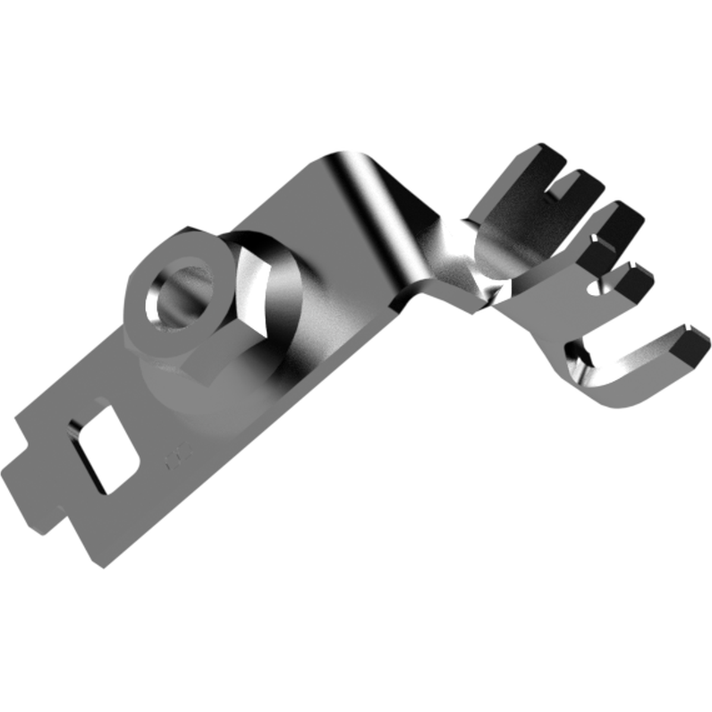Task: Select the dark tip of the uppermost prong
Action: (x=544, y=155)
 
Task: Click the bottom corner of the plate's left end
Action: (x=98, y=562)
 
